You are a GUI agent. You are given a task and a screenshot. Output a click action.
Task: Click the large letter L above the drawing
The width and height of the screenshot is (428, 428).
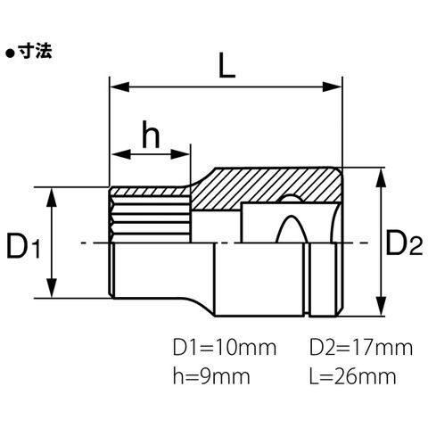coord(226,65)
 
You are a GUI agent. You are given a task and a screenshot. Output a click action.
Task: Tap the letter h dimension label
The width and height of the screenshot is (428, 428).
coord(151,135)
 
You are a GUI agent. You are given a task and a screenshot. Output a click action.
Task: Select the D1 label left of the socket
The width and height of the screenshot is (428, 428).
coord(23,246)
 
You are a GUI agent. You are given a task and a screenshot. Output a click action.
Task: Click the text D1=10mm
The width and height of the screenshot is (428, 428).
coord(225,348)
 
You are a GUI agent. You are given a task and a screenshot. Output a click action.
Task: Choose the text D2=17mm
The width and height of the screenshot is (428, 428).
coord(361,348)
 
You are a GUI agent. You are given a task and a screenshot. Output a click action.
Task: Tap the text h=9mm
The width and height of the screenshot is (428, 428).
coord(211,376)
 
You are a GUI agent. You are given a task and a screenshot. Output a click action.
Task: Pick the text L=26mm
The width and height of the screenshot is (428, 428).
coord(353,376)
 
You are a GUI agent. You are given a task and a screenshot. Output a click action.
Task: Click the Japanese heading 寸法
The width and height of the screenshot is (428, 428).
coord(35,51)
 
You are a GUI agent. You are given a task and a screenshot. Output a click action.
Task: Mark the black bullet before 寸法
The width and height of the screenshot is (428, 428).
coord(11,53)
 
